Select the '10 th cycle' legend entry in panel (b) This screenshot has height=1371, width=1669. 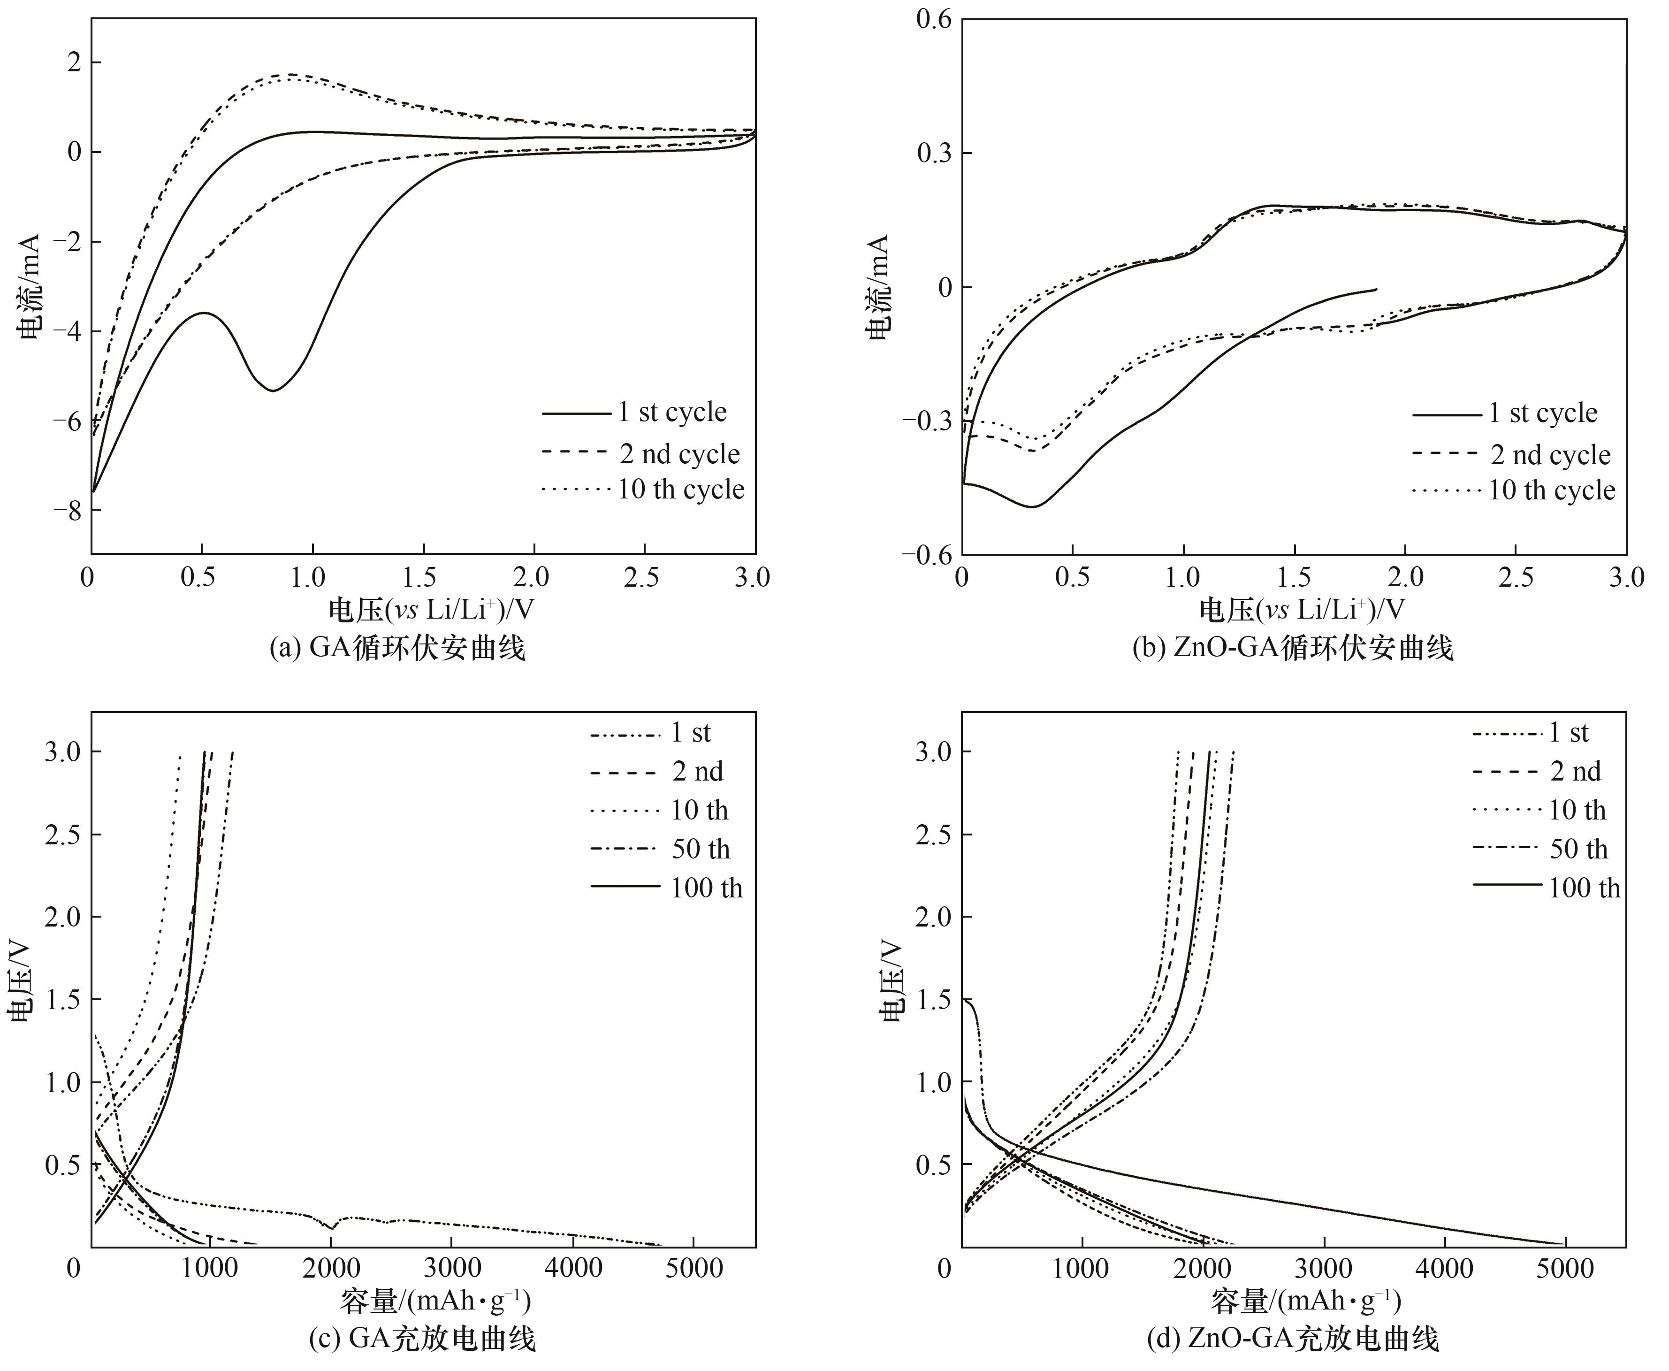[x=1551, y=490]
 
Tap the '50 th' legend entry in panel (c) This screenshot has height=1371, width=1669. [x=700, y=849]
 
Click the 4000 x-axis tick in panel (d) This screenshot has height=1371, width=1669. [x=1444, y=1269]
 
